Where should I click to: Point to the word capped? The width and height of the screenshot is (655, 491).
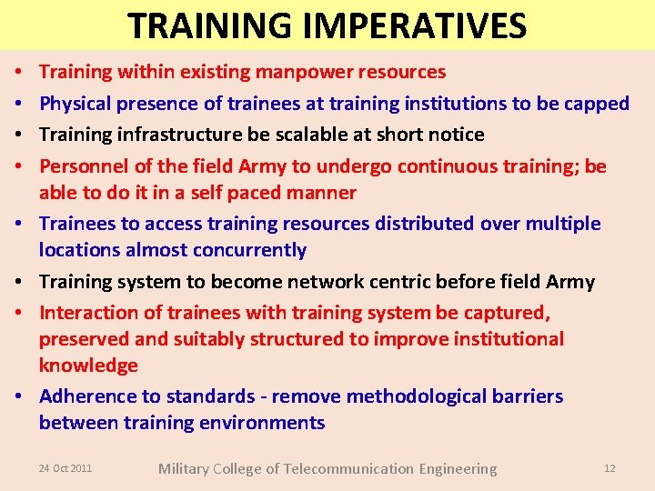(x=596, y=104)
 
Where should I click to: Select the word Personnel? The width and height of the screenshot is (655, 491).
(x=81, y=166)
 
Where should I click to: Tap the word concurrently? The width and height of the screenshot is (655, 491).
(x=246, y=250)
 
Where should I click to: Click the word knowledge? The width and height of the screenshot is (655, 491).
(x=88, y=366)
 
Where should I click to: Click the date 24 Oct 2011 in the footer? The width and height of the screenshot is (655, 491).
(x=65, y=468)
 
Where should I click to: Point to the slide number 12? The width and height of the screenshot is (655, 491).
(x=610, y=468)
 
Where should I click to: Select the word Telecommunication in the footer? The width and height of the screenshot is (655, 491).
(x=348, y=469)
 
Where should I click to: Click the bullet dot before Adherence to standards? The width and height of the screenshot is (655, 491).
(x=19, y=397)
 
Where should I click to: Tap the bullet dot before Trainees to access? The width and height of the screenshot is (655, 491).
(x=19, y=225)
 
